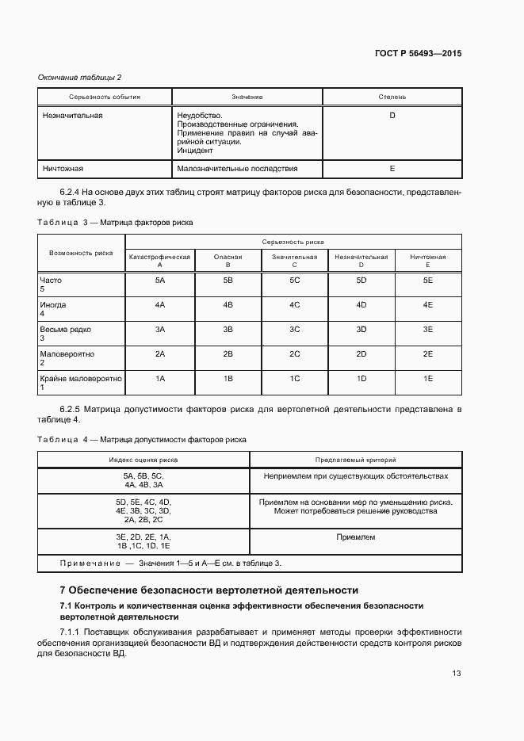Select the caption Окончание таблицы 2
pos(80,77)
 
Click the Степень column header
pos(392,97)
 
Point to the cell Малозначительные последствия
pos(238,169)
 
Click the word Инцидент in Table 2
pos(194,150)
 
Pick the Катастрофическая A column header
pos(160,261)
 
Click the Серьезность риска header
pos(293,242)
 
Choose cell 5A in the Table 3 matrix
pos(160,281)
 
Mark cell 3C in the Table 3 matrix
pos(294,330)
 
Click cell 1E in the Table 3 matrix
pos(428,379)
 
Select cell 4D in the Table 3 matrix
pos(361,305)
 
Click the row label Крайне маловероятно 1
pos(81,383)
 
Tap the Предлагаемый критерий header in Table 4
pos(355,460)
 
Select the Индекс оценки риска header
pos(143,460)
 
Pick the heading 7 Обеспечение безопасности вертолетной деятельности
pos(209,590)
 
